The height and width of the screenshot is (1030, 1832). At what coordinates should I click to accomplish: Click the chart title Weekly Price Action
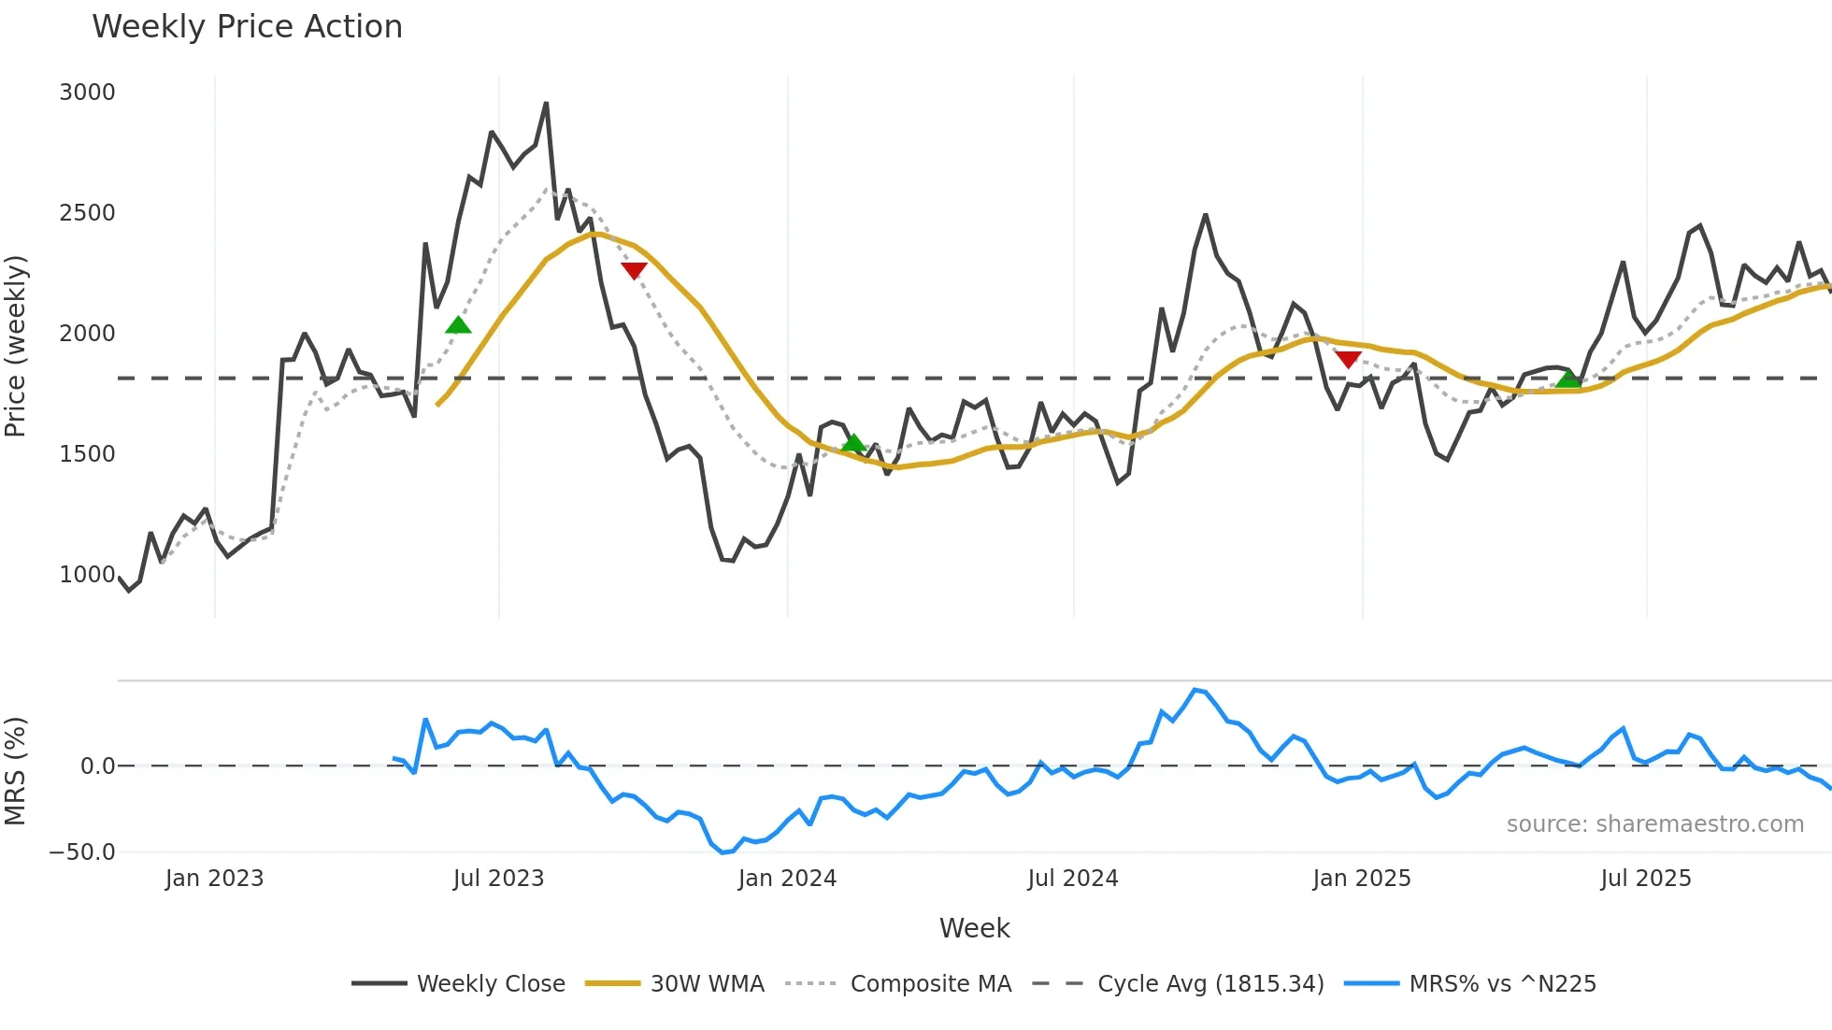click(247, 27)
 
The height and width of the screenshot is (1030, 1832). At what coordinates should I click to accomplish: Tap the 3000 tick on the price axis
click(87, 93)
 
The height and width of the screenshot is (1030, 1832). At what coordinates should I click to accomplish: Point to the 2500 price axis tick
click(87, 213)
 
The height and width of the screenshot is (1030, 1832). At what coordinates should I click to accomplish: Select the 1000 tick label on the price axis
click(87, 575)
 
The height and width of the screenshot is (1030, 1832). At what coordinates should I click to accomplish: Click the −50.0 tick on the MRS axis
click(82, 852)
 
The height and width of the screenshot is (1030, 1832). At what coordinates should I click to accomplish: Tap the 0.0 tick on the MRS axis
click(97, 766)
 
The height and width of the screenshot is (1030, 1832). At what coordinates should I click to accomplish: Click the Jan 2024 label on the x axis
click(787, 879)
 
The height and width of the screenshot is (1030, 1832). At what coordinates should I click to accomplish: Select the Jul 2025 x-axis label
click(1645, 879)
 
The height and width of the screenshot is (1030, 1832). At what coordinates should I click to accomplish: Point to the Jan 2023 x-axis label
click(214, 879)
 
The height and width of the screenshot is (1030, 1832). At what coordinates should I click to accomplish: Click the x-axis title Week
click(974, 928)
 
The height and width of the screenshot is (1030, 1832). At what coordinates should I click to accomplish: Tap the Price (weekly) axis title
click(16, 346)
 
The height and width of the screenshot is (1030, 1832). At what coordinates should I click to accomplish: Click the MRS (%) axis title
click(16, 771)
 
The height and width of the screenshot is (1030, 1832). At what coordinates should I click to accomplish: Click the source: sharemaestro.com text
click(1654, 824)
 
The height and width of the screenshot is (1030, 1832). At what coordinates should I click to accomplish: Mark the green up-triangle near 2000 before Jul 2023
click(458, 325)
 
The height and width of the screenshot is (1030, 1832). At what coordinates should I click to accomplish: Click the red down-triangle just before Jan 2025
click(1348, 359)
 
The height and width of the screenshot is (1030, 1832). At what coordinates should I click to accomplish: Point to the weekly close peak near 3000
click(547, 104)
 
